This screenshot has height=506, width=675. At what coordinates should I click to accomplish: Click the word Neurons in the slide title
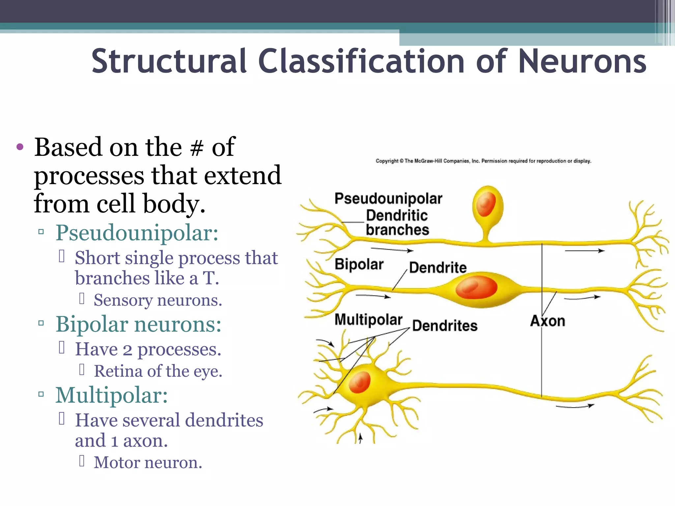pos(582,62)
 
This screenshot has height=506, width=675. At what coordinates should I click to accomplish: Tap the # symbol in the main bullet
pos(197,148)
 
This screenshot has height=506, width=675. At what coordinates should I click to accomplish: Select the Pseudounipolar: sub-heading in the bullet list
pos(137,233)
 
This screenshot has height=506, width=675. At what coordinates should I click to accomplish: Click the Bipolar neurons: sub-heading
pos(138,324)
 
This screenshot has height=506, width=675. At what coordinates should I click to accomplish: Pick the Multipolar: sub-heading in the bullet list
pos(111,395)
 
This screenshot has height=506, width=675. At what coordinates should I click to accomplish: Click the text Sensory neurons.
pos(158,300)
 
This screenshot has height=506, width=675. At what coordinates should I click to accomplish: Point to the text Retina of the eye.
pos(158,371)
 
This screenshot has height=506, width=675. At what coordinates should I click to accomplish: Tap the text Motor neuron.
pos(148,463)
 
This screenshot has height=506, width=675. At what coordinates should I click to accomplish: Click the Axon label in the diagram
pos(547,321)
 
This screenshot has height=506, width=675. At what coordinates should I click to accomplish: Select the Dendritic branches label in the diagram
pos(397,223)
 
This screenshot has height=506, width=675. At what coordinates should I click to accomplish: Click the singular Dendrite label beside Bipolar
pos(438,267)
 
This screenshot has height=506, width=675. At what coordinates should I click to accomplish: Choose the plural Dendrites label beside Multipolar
pos(445,326)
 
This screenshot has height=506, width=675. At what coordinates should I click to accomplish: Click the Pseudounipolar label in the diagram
pos(388,199)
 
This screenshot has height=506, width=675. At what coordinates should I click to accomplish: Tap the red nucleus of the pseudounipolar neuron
pos(485,204)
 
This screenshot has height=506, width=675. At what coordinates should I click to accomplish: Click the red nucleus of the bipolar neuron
pos(476,288)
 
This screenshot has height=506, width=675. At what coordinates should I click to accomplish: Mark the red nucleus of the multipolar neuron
pos(360,382)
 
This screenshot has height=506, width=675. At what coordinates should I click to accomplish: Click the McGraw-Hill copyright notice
pos(483,161)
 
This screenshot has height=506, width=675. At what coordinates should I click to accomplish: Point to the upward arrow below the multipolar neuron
pos(361,438)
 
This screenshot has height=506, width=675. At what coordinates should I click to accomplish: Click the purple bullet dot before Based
pos(20,147)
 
